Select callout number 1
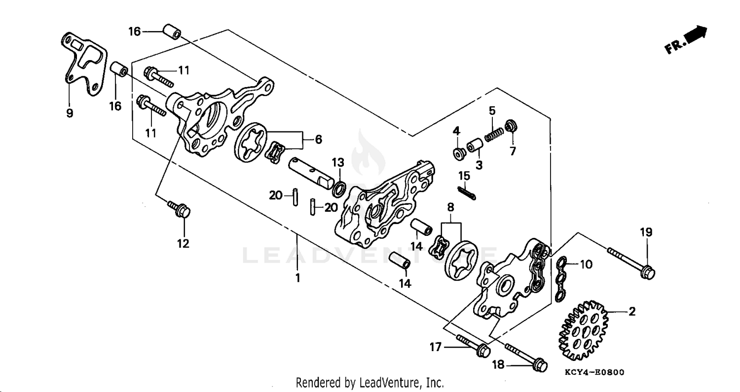(x=297, y=278)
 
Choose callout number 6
(x=319, y=140)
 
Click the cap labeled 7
(x=512, y=125)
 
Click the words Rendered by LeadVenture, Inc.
(x=370, y=382)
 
